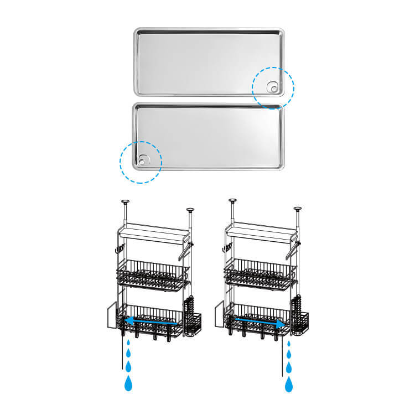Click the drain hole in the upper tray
tap(272, 86)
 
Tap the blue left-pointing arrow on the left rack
tap(151, 321)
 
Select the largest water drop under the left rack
tap(129, 382)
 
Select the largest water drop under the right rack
tap(289, 384)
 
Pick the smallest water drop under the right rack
tap(289, 344)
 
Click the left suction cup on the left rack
tap(126, 202)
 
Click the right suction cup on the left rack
tap(190, 210)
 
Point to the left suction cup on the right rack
tap(233, 202)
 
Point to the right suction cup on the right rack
tap(298, 210)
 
